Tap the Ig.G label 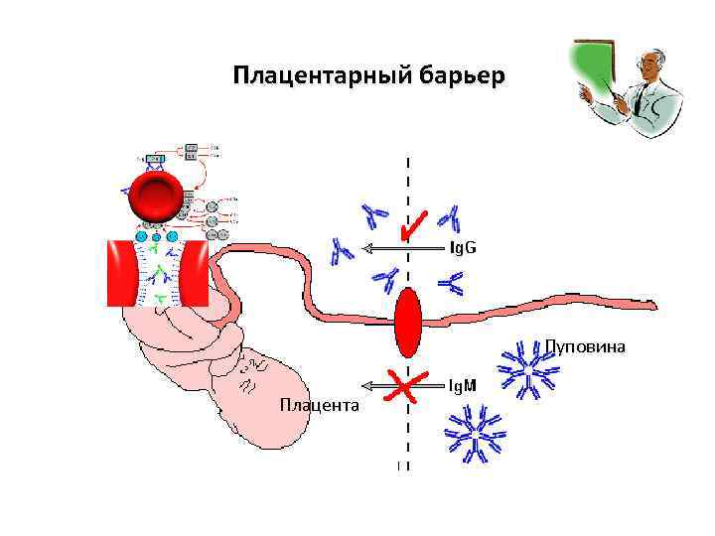pos(463,247)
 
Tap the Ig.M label pos(463,384)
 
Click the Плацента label pos(320,405)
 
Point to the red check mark pos(412,224)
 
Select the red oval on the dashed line pos(408,323)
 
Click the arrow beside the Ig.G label pos(401,248)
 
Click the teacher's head pos(646,68)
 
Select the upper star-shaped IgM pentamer pos(529,369)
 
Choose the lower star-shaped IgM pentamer pos(474,433)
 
